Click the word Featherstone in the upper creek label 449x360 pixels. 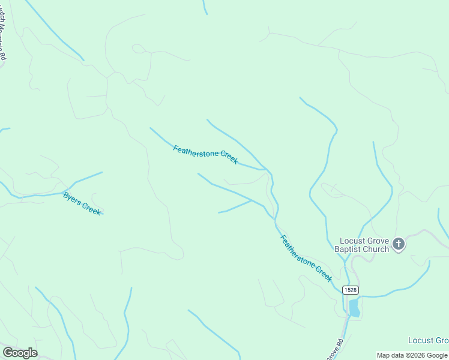[197, 152]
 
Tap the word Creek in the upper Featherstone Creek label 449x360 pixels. [229, 158]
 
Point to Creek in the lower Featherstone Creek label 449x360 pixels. [324, 274]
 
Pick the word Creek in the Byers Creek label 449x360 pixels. [91, 208]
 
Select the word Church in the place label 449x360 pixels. [376, 249]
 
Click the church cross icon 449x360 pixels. [398, 244]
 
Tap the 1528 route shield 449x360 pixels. [351, 290]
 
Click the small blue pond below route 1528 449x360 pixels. [354, 308]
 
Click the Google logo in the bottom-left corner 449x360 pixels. [20, 353]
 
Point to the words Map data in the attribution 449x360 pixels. [391, 355]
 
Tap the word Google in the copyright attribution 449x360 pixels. [437, 355]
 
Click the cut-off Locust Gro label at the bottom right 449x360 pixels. [428, 340]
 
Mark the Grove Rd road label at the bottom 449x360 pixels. [337, 349]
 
